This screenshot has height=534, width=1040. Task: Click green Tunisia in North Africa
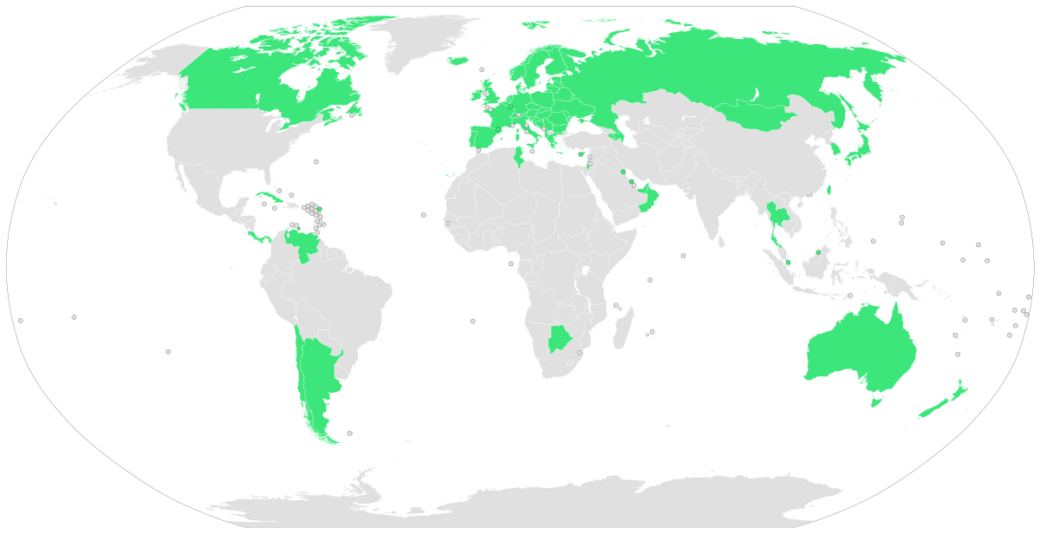519,157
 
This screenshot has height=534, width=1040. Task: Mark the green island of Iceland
458,61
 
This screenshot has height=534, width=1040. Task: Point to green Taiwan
829,189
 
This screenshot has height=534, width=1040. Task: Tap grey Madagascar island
621,330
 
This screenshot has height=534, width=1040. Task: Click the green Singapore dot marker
788,263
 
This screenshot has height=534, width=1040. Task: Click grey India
706,199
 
